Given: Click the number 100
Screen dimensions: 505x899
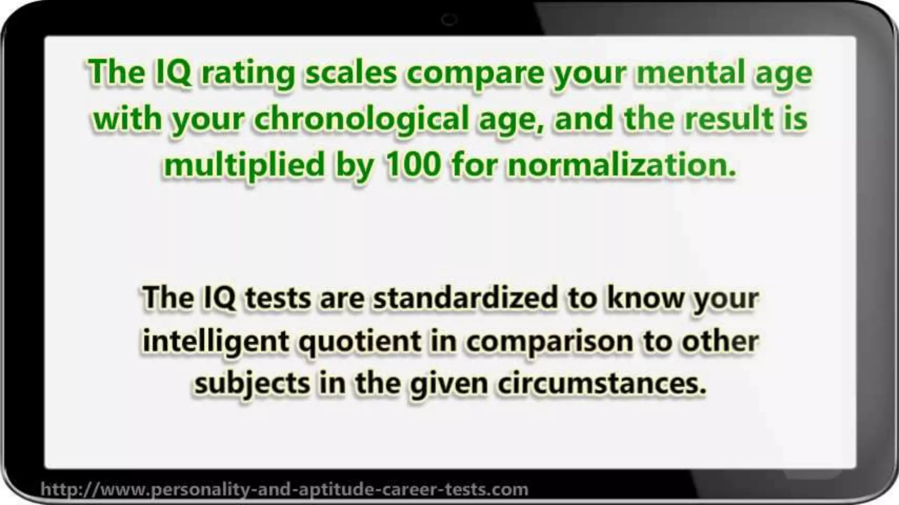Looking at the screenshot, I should pos(412,165).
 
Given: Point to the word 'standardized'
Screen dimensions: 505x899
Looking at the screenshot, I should pos(466,297).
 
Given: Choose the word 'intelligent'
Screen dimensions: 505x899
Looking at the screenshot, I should pos(215,341).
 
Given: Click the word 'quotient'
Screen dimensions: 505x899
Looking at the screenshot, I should pos(360,341).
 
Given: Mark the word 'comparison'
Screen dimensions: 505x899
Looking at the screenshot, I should pos(549,341).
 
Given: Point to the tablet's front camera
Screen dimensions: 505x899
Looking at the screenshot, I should pos(449,20).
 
